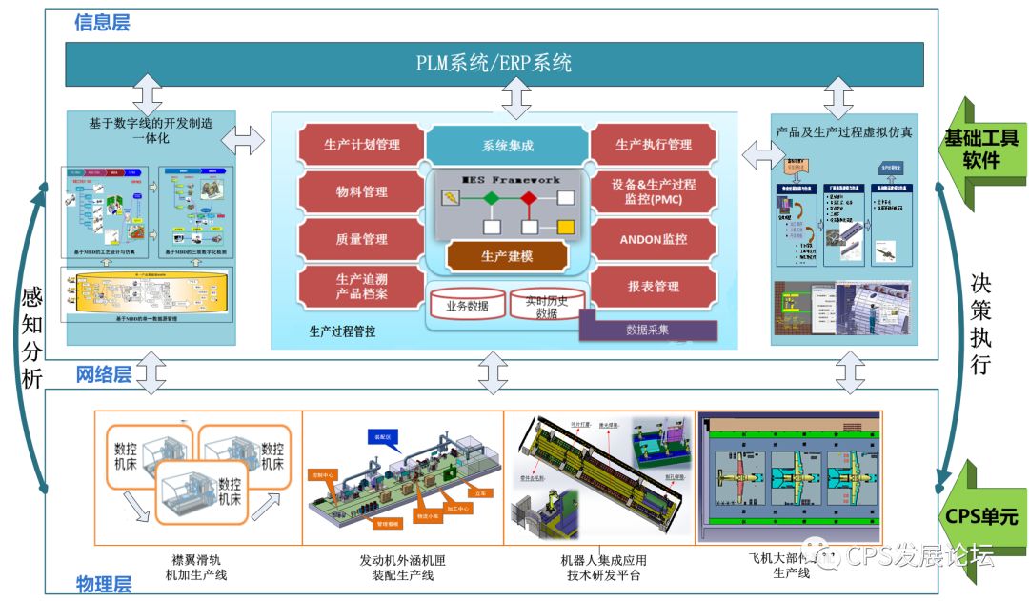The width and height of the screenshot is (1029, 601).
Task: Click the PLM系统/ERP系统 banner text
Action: tap(494, 64)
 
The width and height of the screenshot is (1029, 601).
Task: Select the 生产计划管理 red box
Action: tap(360, 145)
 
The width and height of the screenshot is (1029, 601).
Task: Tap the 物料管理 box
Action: tap(360, 191)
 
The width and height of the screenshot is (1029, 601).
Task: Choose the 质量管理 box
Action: tap(360, 238)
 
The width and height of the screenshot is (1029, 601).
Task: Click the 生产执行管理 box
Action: tap(653, 145)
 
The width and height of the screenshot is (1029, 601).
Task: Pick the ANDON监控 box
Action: tap(653, 238)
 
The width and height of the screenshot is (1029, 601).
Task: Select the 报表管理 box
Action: tap(653, 286)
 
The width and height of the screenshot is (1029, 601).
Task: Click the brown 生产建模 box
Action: tap(507, 255)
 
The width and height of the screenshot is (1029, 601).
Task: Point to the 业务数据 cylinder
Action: tap(467, 306)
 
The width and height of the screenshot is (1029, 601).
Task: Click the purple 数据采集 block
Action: tap(647, 330)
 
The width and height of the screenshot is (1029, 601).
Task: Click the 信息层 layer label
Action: tap(102, 22)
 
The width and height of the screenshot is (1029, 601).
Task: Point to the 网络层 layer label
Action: tap(103, 375)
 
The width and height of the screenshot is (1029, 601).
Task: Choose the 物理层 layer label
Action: tap(103, 584)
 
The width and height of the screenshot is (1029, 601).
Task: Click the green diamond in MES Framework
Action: tap(490, 198)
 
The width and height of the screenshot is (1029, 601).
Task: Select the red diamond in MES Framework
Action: tap(528, 198)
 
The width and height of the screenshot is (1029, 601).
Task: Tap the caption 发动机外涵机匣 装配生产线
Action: tap(402, 568)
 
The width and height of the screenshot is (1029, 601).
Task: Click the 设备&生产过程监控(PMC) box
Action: tap(653, 191)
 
